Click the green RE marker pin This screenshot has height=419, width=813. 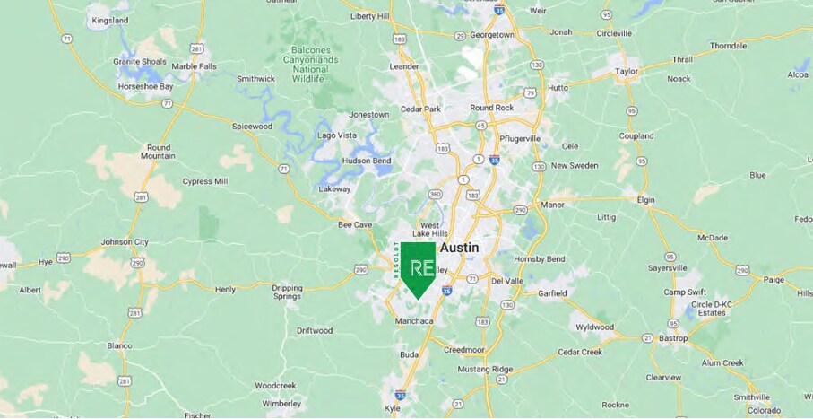tap(418, 268)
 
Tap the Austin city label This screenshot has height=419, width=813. tap(459, 248)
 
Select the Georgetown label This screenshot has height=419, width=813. tap(494, 34)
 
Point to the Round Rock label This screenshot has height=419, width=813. tap(492, 109)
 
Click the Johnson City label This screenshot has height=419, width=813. tap(125, 241)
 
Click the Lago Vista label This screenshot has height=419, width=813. tap(337, 135)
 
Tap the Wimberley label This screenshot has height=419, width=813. tap(282, 403)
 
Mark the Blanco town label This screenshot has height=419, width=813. tap(119, 345)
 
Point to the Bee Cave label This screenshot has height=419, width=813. tap(355, 224)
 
